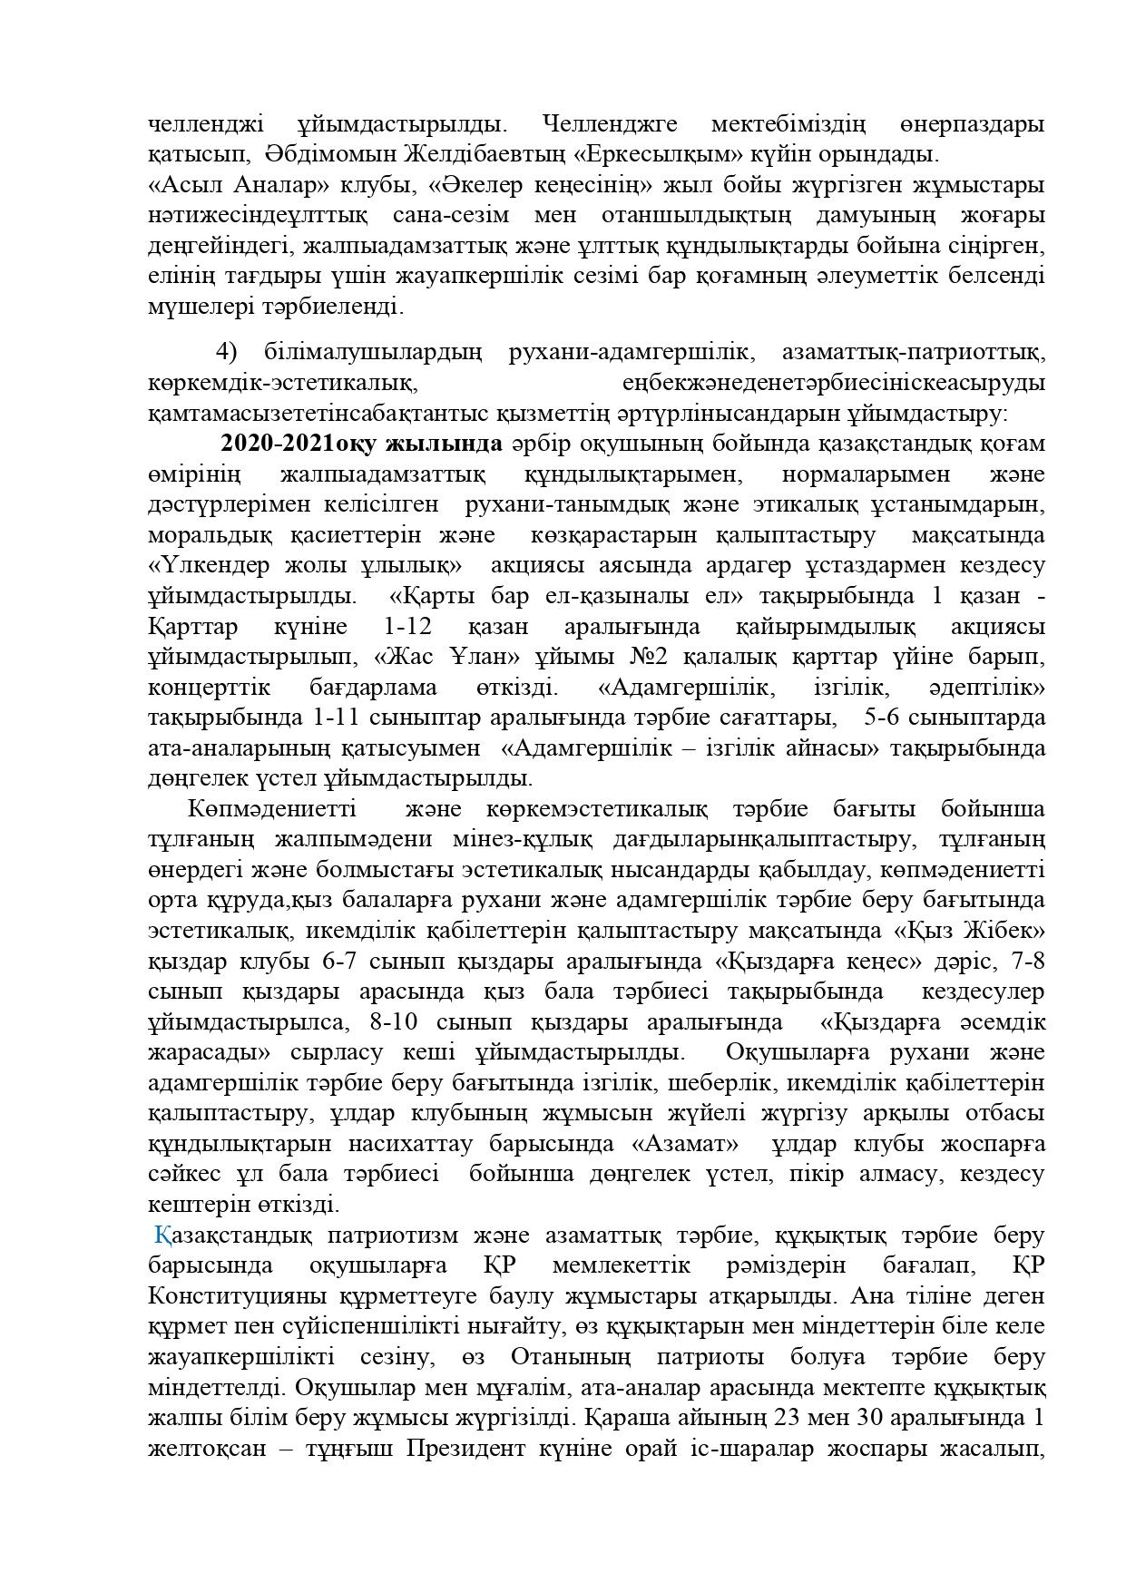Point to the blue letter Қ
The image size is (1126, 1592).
[x=162, y=1236]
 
